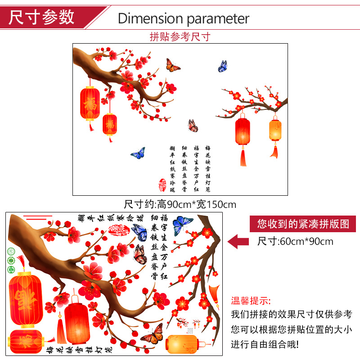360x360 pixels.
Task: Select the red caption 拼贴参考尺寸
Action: point(180,36)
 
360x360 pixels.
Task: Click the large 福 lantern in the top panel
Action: point(90,103)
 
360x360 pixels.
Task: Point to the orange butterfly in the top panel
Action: point(173,66)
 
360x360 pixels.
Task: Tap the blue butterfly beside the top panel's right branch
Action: point(223,66)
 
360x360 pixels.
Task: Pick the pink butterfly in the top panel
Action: point(193,126)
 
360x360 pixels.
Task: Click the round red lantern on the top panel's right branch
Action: point(242,131)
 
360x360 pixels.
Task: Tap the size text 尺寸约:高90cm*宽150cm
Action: point(180,204)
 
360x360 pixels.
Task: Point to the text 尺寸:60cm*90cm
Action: point(295,241)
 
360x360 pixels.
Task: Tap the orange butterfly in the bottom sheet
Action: point(152,333)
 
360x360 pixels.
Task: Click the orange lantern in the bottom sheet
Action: point(182,345)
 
